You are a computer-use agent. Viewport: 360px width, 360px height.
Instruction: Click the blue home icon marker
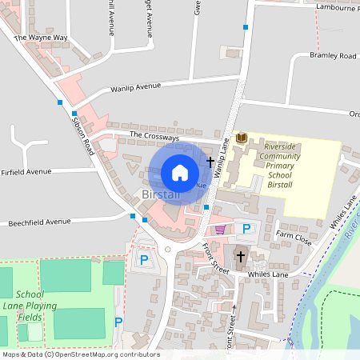click(x=180, y=173)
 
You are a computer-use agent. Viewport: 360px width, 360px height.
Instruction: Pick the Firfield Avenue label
click(x=26, y=171)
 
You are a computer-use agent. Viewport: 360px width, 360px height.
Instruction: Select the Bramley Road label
click(x=333, y=56)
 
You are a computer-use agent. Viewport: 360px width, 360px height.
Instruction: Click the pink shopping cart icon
click(x=220, y=230)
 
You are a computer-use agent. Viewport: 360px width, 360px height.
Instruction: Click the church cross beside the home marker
click(x=210, y=162)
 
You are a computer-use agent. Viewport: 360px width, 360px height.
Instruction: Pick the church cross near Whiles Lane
click(x=240, y=256)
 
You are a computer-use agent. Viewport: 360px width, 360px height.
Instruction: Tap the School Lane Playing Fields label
click(x=36, y=306)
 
